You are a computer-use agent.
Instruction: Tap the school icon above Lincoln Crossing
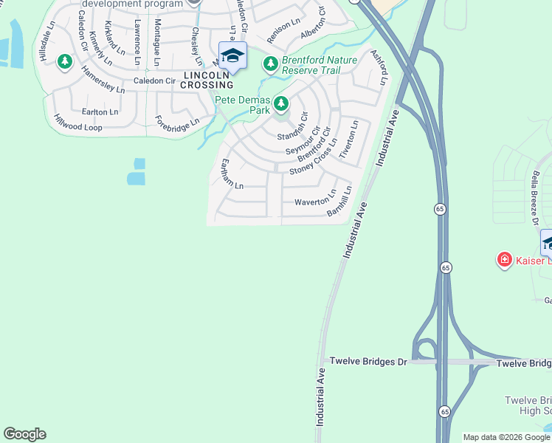(232, 57)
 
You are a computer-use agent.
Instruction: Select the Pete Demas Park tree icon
(280, 103)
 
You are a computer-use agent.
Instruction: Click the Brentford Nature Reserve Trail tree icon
(271, 64)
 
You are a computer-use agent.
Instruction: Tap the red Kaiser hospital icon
(504, 260)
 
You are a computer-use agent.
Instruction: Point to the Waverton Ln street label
(315, 201)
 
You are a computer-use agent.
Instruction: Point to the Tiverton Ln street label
(349, 140)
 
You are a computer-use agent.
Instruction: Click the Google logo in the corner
(24, 434)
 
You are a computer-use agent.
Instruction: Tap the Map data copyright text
(506, 437)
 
